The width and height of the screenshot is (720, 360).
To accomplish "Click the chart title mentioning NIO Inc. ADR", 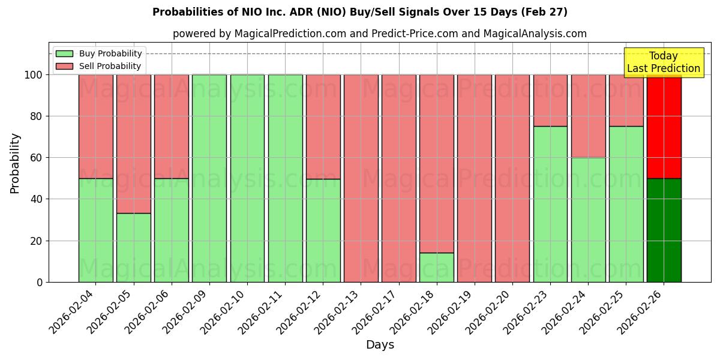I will pos(359,12).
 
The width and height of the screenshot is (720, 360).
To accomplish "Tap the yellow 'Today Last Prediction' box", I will pos(663,62).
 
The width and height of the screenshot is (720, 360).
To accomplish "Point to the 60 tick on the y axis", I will pos(38,158).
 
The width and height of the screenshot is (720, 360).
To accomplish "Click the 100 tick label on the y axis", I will pos(32,75).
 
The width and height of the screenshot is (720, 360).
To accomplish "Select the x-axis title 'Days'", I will pos(380,345).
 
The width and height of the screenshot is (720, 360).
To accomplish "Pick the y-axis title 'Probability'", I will pos(15,163).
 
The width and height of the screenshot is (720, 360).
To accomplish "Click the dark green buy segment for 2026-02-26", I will pos(664,230).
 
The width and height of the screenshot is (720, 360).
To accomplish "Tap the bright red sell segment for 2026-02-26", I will pos(664,127).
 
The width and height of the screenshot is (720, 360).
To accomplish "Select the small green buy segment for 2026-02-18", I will pos(437,267).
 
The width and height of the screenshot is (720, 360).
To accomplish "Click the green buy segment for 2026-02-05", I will pos(133,247).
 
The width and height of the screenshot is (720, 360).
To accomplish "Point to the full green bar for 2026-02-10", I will pos(247,178).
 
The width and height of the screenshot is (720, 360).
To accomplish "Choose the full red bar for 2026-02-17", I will pos(399,178).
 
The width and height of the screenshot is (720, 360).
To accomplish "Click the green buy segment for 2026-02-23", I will pos(550,204).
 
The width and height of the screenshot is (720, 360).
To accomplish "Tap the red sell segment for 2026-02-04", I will pos(95,127).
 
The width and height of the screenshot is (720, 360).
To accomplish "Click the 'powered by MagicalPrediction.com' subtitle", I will pos(379,34).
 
